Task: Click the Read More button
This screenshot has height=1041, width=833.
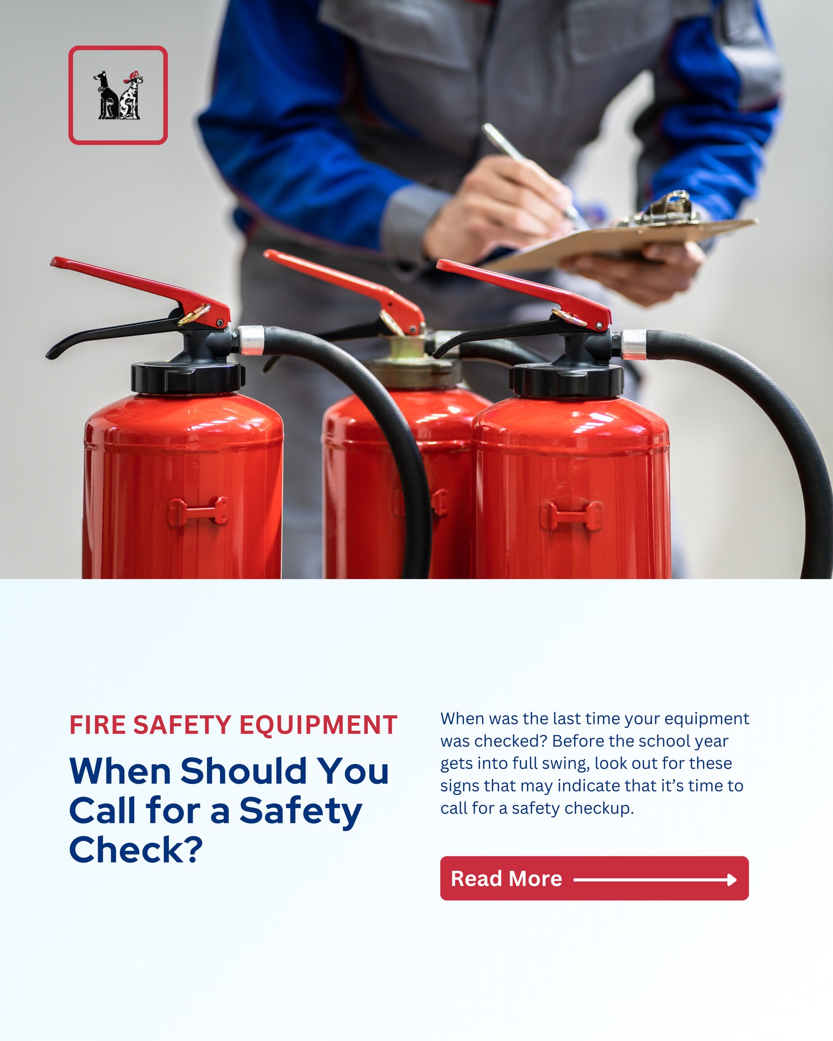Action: pyautogui.click(x=594, y=878)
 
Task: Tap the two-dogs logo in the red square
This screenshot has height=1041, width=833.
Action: pyautogui.click(x=118, y=96)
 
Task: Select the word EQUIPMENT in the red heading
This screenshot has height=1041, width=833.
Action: pyautogui.click(x=318, y=725)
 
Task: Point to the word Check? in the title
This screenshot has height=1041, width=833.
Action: pyautogui.click(x=136, y=850)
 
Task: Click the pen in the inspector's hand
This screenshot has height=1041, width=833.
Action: pyautogui.click(x=529, y=170)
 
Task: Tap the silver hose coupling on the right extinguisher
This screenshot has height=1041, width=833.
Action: pyautogui.click(x=634, y=344)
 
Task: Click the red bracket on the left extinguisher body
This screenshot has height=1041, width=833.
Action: pyautogui.click(x=198, y=511)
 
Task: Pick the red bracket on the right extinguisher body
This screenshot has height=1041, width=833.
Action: pyautogui.click(x=571, y=516)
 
